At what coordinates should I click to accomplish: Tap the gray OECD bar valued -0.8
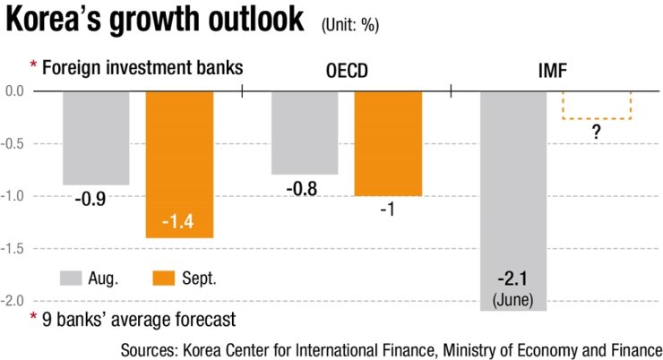(305, 132)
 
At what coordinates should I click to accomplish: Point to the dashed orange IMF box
(596, 105)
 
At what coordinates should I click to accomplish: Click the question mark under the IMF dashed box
(596, 133)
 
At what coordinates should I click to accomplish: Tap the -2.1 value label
(513, 278)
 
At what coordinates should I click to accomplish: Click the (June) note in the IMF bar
(513, 296)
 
